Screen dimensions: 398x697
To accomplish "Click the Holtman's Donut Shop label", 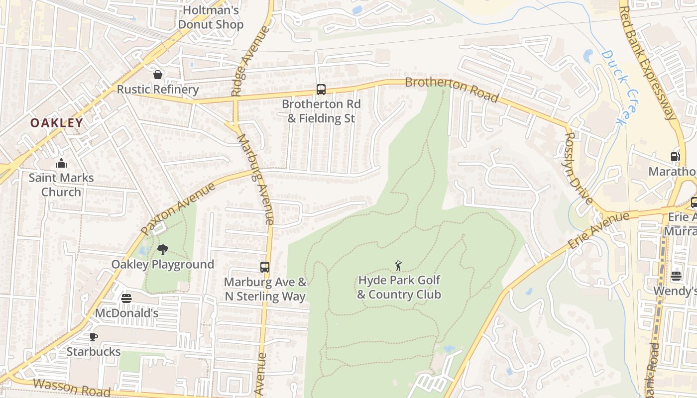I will tap(211, 17).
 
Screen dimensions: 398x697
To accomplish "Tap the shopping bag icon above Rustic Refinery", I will tap(158, 75).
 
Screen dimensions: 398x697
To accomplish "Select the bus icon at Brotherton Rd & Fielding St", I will tap(321, 90).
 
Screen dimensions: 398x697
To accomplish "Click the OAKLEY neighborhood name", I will tap(57, 123).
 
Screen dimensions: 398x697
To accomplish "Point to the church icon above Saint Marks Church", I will tap(61, 163).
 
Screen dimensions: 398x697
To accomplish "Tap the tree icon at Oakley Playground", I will tap(162, 250).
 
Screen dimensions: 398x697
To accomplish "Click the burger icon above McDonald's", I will tap(126, 298).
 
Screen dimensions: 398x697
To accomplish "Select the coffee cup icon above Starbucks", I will tap(93, 337).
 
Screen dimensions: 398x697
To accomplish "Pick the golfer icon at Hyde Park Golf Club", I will tap(398, 266).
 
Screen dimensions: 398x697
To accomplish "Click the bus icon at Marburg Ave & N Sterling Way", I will tap(265, 267).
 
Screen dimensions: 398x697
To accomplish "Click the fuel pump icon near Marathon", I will tap(676, 157).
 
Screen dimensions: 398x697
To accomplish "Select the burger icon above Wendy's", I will tap(676, 276).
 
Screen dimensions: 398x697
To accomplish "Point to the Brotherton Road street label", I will tap(452, 89).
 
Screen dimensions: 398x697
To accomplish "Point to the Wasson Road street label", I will tap(72, 388).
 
